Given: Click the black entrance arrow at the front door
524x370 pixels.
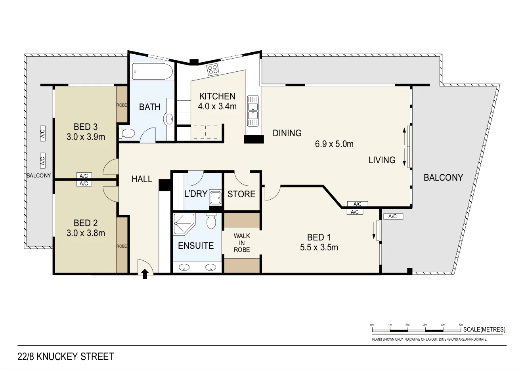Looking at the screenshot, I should (x=145, y=273).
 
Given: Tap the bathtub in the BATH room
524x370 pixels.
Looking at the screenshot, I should (x=152, y=72).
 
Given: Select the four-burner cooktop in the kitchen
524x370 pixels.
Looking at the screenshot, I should (x=213, y=70).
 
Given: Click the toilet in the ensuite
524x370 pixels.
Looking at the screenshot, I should (x=211, y=221).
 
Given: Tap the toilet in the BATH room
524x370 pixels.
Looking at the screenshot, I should (x=127, y=133).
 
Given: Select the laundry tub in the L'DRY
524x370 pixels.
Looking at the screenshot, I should (x=216, y=197).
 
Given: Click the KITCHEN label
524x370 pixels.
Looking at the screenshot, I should (x=217, y=96).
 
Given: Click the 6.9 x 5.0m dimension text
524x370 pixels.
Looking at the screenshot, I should (x=334, y=144).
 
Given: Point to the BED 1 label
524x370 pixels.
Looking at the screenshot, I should (x=319, y=237).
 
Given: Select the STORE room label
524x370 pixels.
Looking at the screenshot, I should (x=241, y=194).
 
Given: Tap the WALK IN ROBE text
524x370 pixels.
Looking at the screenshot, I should (x=242, y=243).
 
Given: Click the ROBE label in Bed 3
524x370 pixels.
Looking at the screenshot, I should (x=122, y=105).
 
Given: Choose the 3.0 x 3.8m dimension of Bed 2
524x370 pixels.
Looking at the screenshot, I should (x=86, y=233).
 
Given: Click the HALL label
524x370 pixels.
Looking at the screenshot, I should (x=142, y=179).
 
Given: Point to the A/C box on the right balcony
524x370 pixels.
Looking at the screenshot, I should (x=392, y=216).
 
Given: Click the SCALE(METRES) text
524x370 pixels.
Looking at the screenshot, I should (x=484, y=329).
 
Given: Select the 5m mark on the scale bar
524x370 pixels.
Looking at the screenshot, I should (x=461, y=325).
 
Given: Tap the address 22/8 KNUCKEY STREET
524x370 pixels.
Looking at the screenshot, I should (x=66, y=357).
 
